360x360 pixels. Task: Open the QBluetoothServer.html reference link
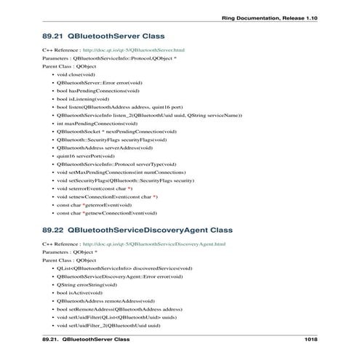[138, 49]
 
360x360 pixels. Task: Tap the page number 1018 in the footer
[312, 340]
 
